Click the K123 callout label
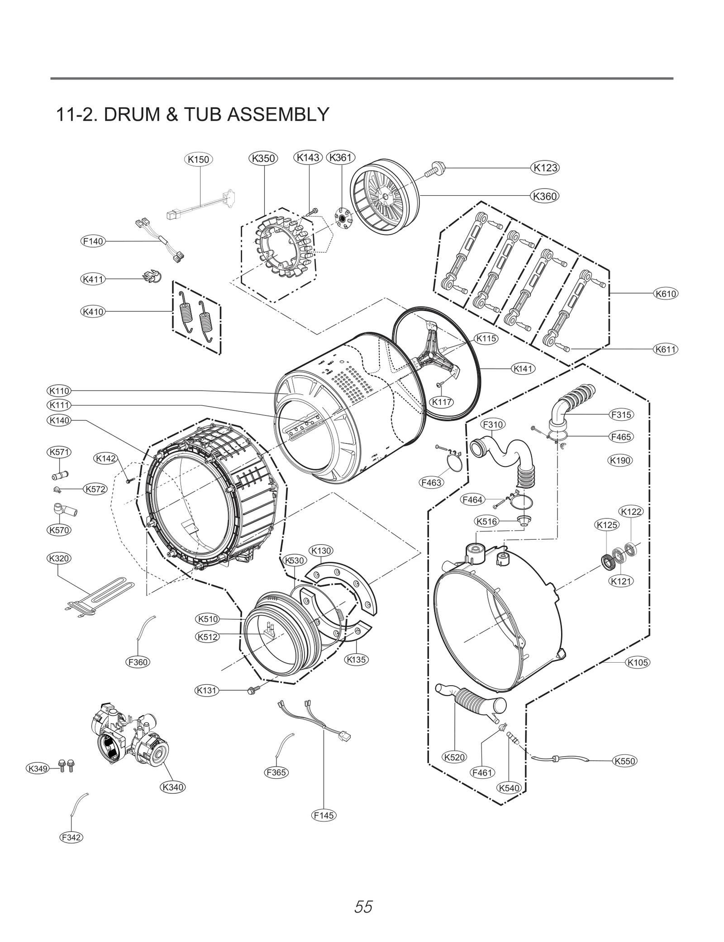pyautogui.click(x=545, y=168)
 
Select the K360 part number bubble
pyautogui.click(x=545, y=196)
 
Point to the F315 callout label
pyautogui.click(x=621, y=414)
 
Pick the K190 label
pyautogui.click(x=620, y=461)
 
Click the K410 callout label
pyautogui.click(x=93, y=311)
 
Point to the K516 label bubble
pyautogui.click(x=486, y=521)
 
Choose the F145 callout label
pyautogui.click(x=324, y=815)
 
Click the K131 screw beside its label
pyautogui.click(x=252, y=690)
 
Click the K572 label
pyautogui.click(x=95, y=489)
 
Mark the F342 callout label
pyautogui.click(x=71, y=838)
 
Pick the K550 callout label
pyautogui.click(x=625, y=761)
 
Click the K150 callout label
pyautogui.click(x=199, y=160)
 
